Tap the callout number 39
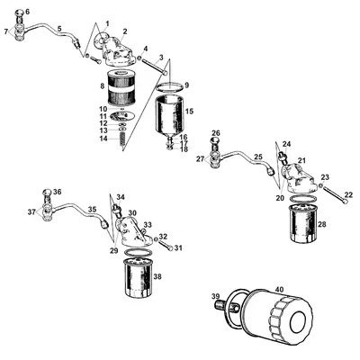coord(215,296)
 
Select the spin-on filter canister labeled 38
coord(139,279)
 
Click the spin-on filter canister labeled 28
coord(302,227)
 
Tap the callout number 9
coord(186,85)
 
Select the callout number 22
coord(350,194)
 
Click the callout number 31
coord(178,247)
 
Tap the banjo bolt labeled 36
coord(46,195)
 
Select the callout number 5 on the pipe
coord(59,28)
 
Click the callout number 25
coord(257,157)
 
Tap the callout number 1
coord(108,21)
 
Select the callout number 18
coord(184,149)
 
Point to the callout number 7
coord(7,31)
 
